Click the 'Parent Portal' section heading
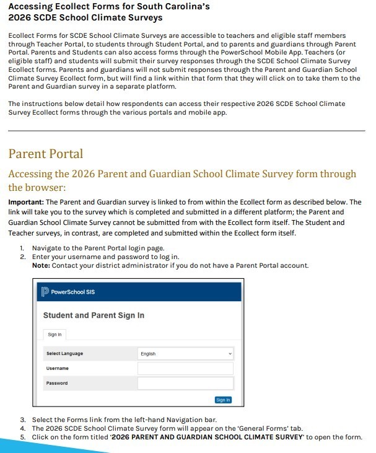tap(46, 154)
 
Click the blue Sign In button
tap(223, 400)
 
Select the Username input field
tap(185, 369)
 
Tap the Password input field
tap(185, 384)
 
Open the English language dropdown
tap(185, 354)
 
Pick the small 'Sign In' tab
tap(55, 335)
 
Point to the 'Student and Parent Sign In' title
tap(94, 315)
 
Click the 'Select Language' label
tap(64, 354)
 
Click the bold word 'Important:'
tap(26, 203)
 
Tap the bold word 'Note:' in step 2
tap(41, 265)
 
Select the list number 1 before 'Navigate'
tap(22, 248)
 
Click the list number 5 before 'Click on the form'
tap(22, 437)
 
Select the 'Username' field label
tap(57, 369)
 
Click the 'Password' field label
tap(57, 384)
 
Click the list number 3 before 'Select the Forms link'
tap(22, 420)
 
